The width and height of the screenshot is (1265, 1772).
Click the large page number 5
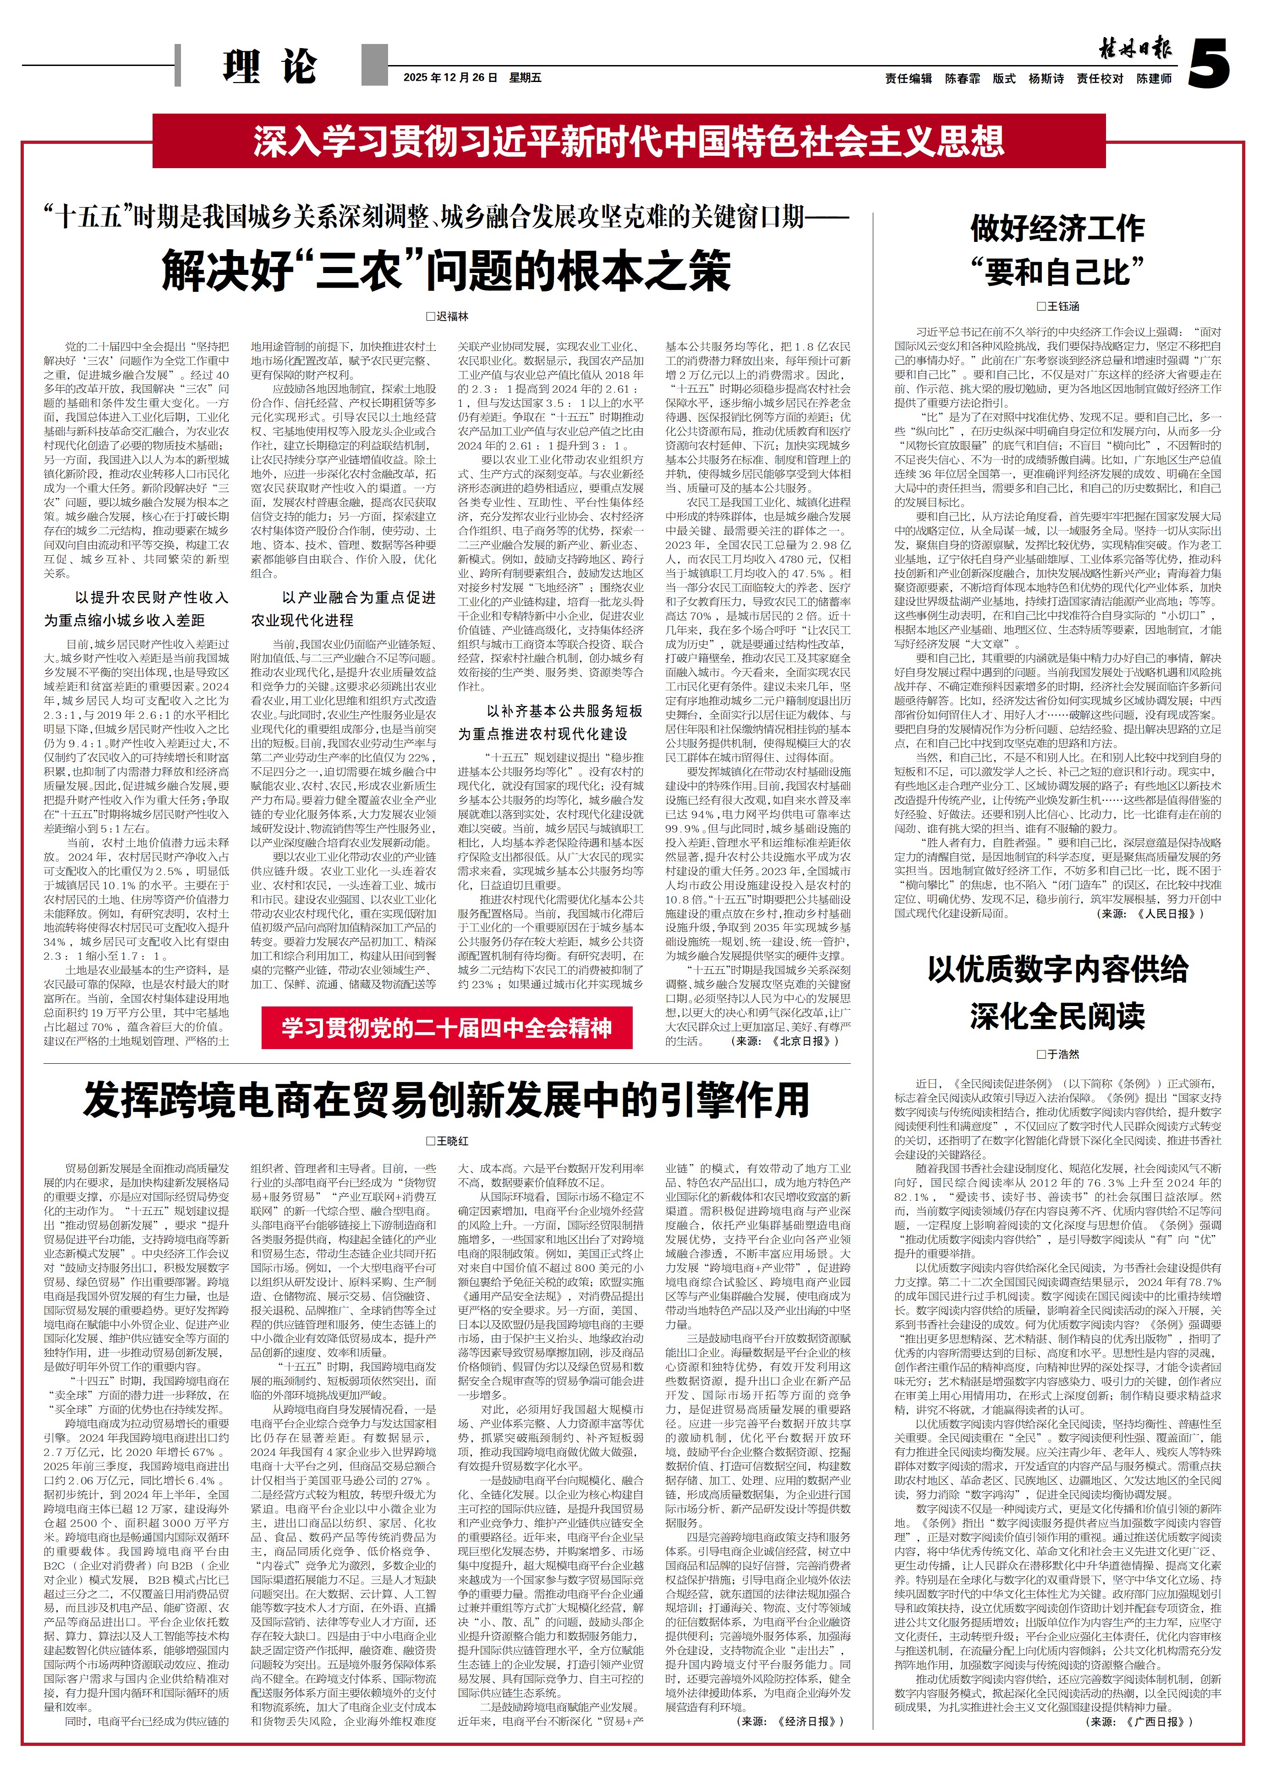click(x=1209, y=64)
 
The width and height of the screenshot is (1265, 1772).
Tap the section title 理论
click(x=269, y=67)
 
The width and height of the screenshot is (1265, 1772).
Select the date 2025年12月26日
click(x=450, y=78)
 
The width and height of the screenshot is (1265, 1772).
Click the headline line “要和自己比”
click(x=1057, y=272)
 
